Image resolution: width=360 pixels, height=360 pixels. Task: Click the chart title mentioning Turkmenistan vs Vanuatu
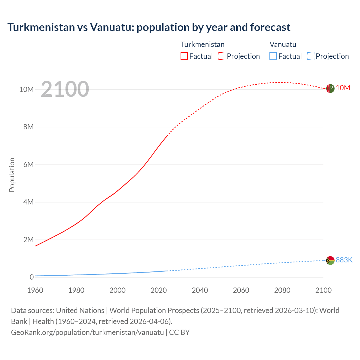(x=149, y=27)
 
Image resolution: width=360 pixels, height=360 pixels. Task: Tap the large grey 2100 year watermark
(x=65, y=89)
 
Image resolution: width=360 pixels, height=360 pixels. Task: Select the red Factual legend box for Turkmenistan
(x=184, y=56)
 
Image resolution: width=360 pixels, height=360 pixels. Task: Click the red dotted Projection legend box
(x=222, y=56)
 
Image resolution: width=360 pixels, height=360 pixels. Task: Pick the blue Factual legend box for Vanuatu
(x=273, y=56)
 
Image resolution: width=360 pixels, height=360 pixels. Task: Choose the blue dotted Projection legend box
(x=311, y=56)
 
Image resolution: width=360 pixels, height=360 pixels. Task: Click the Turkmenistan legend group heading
(x=202, y=44)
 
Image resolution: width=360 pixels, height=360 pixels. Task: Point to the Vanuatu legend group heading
(x=283, y=44)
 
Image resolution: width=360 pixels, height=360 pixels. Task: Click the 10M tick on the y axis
(x=26, y=89)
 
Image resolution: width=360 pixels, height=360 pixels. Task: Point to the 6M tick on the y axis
(x=28, y=165)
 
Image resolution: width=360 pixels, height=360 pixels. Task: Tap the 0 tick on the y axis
(x=31, y=277)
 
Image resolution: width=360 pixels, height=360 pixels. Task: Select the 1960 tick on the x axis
(x=35, y=290)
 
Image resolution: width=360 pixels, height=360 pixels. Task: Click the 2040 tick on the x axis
(x=200, y=290)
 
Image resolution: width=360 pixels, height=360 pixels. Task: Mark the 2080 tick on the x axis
(x=282, y=290)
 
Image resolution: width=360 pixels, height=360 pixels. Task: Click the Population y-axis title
(x=12, y=175)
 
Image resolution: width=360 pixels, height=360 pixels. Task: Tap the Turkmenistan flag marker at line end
(x=330, y=88)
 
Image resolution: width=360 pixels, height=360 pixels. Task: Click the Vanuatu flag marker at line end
(x=330, y=260)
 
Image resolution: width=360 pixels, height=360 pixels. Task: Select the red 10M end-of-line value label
(x=343, y=88)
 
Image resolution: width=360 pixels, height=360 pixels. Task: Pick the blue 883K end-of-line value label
(x=344, y=260)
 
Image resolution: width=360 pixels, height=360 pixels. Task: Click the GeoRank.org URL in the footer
(x=87, y=332)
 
